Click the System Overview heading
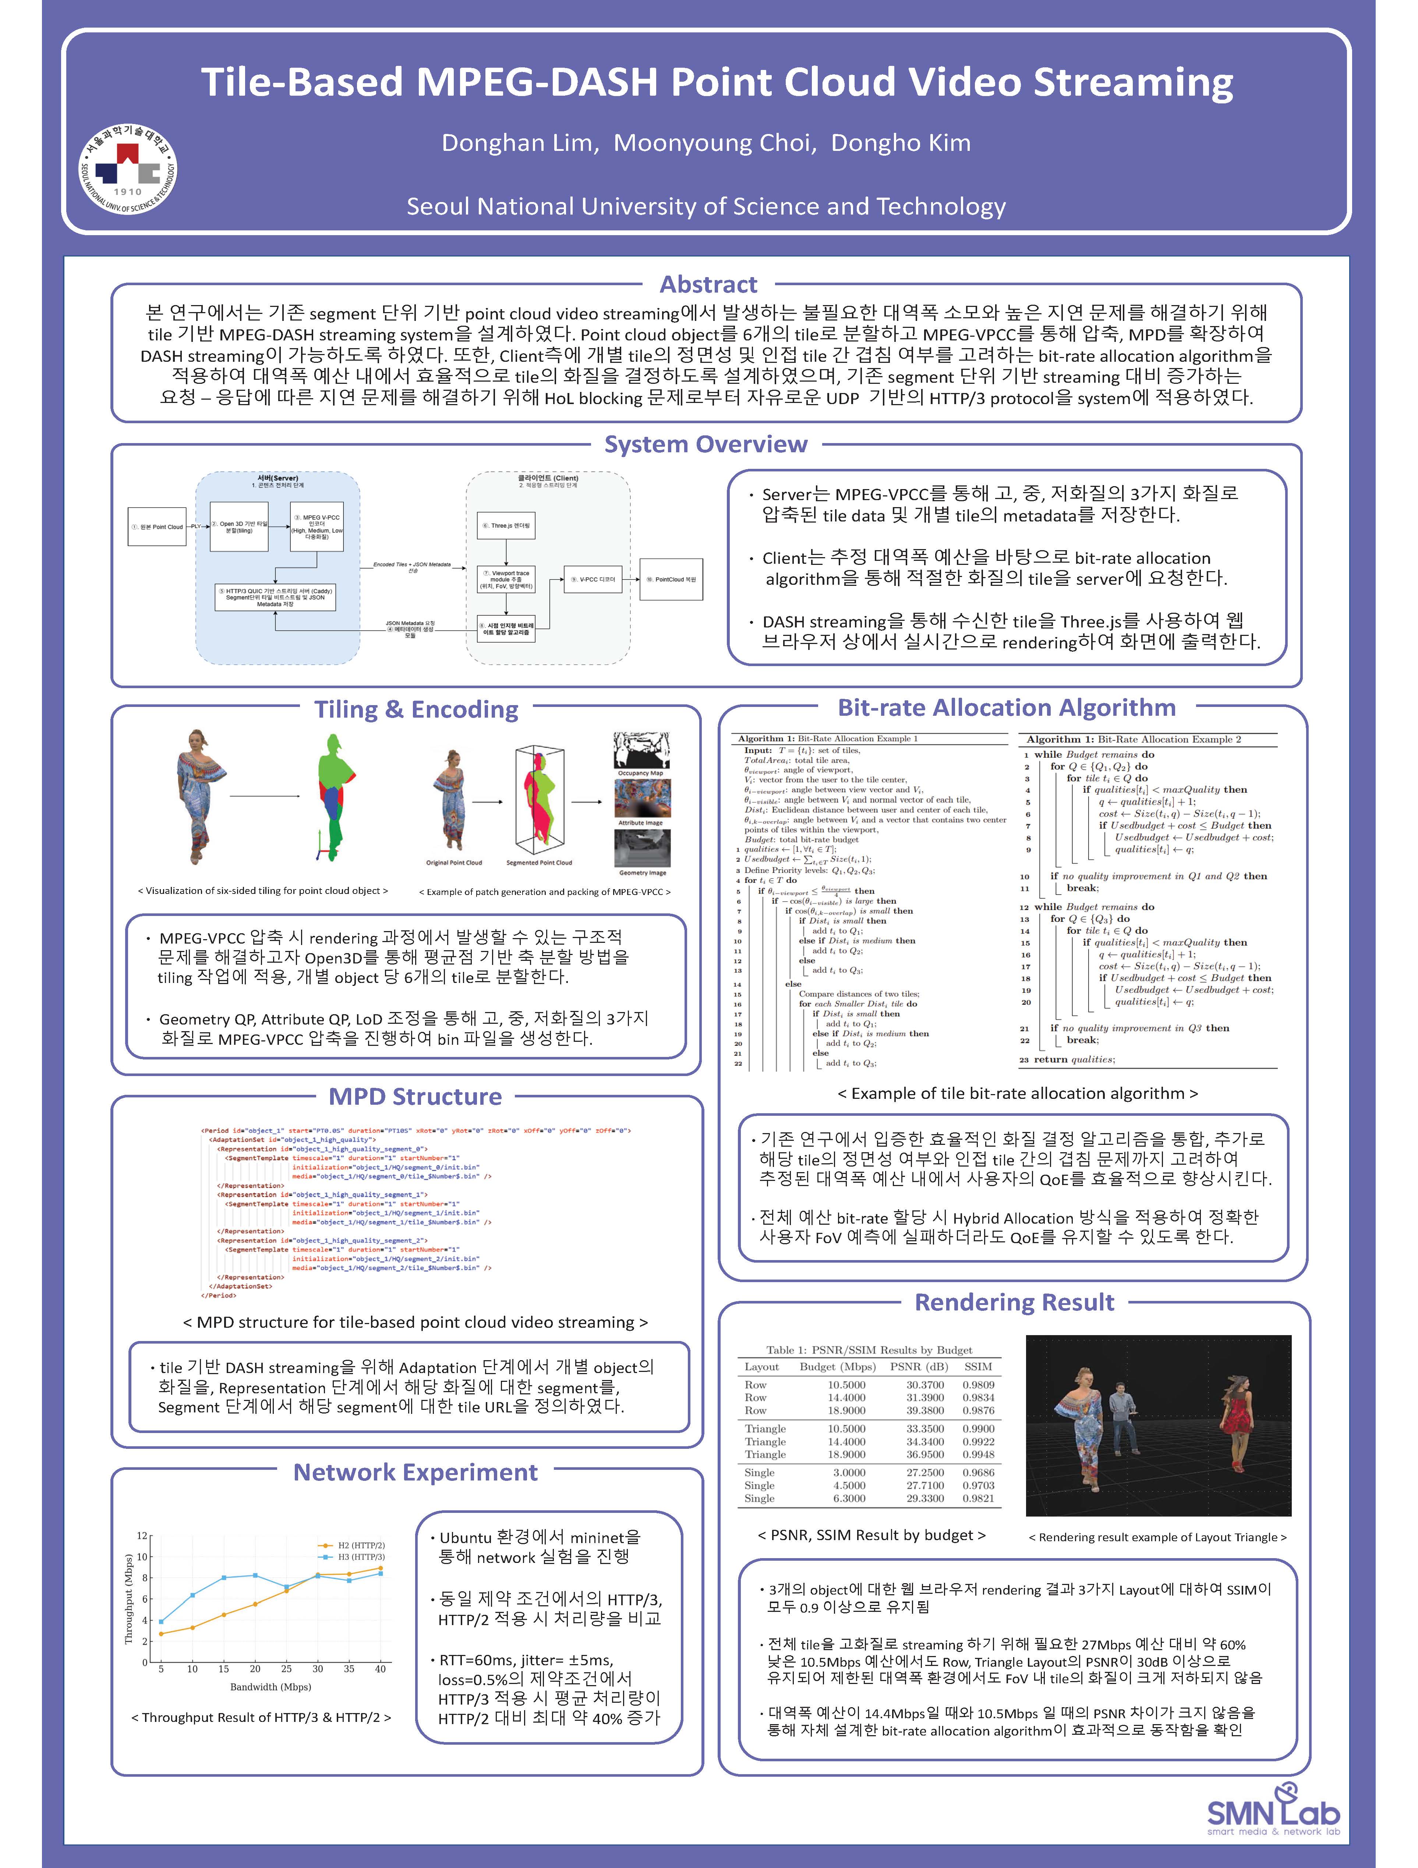(x=705, y=444)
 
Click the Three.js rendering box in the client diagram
(x=505, y=525)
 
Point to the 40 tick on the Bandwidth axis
(x=380, y=1669)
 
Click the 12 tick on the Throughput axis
(x=143, y=1535)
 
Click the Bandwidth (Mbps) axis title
(x=270, y=1687)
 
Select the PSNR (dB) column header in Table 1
(x=919, y=1366)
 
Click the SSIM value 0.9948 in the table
(x=978, y=1454)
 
